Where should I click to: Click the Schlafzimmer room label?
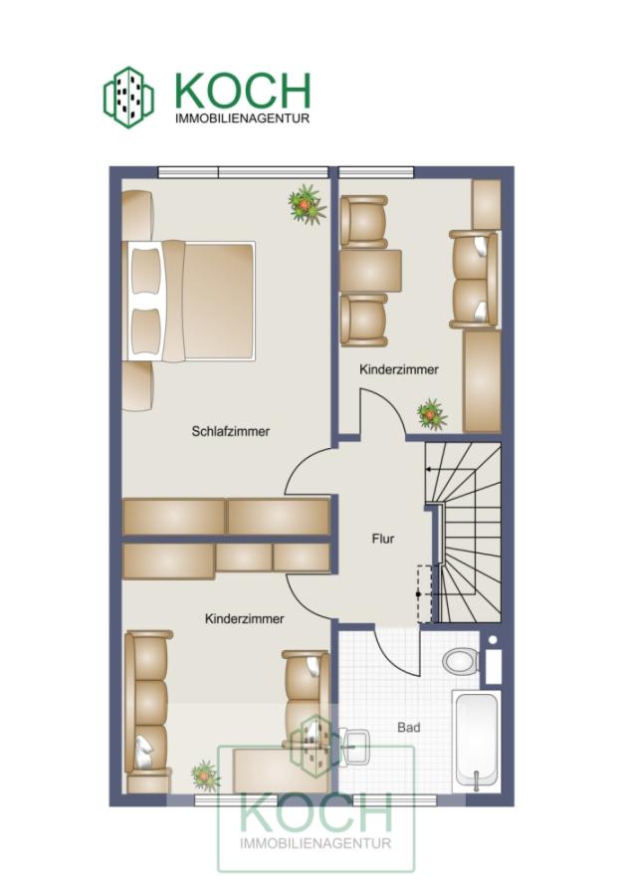tap(230, 431)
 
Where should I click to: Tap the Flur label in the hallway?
tap(383, 539)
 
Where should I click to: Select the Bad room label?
tap(409, 728)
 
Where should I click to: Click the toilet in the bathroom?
tap(461, 661)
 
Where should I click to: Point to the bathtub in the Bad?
tap(477, 741)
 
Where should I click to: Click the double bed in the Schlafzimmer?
tap(188, 301)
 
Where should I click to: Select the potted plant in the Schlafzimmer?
tap(307, 204)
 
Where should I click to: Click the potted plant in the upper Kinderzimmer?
tap(433, 414)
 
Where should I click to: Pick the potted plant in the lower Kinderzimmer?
tap(206, 776)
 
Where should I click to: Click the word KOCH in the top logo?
tap(243, 91)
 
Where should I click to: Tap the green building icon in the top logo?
tap(128, 98)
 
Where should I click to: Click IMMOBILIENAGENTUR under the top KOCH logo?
tap(242, 118)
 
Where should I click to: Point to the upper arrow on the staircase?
tap(451, 470)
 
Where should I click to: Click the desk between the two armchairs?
tap(370, 271)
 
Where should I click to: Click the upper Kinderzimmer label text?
tap(399, 369)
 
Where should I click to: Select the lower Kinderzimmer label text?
tap(245, 619)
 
